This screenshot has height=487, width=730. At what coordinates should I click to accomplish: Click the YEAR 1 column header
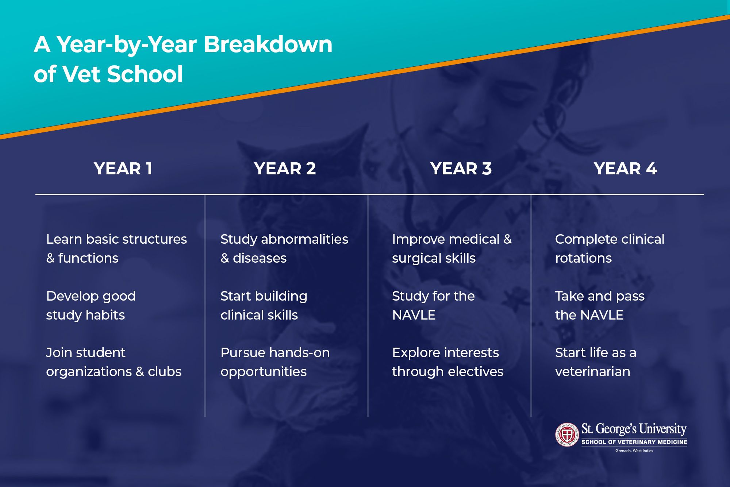click(123, 169)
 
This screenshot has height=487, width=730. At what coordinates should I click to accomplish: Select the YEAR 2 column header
click(285, 169)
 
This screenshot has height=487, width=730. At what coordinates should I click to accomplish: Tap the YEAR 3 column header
click(461, 169)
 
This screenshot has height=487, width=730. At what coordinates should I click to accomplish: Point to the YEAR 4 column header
click(625, 169)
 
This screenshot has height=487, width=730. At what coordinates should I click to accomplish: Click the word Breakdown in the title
click(268, 45)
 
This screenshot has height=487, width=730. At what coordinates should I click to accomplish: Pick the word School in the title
click(145, 74)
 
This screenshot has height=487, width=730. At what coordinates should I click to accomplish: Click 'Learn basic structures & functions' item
click(116, 248)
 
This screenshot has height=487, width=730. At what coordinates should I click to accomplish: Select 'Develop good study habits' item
click(91, 305)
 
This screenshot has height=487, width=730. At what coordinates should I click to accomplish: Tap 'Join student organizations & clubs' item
click(114, 362)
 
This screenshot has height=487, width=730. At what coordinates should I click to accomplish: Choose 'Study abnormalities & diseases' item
click(284, 248)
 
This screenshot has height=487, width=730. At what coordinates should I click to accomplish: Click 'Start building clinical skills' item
click(264, 305)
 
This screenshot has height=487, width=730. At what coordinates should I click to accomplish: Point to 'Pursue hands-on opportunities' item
click(275, 362)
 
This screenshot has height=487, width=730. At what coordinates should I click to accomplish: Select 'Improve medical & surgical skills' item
click(452, 248)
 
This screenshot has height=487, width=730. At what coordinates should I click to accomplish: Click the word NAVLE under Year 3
click(414, 315)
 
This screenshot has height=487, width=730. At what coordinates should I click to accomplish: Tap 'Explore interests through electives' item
click(447, 362)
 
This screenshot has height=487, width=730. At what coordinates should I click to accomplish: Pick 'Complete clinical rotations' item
click(610, 248)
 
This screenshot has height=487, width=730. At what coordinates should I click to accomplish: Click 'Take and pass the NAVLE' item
click(600, 305)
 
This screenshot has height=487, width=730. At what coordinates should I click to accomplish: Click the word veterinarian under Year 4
click(593, 372)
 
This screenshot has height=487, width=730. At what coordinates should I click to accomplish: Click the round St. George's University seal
click(567, 435)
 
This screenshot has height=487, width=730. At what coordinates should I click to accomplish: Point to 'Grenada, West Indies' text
click(634, 451)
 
